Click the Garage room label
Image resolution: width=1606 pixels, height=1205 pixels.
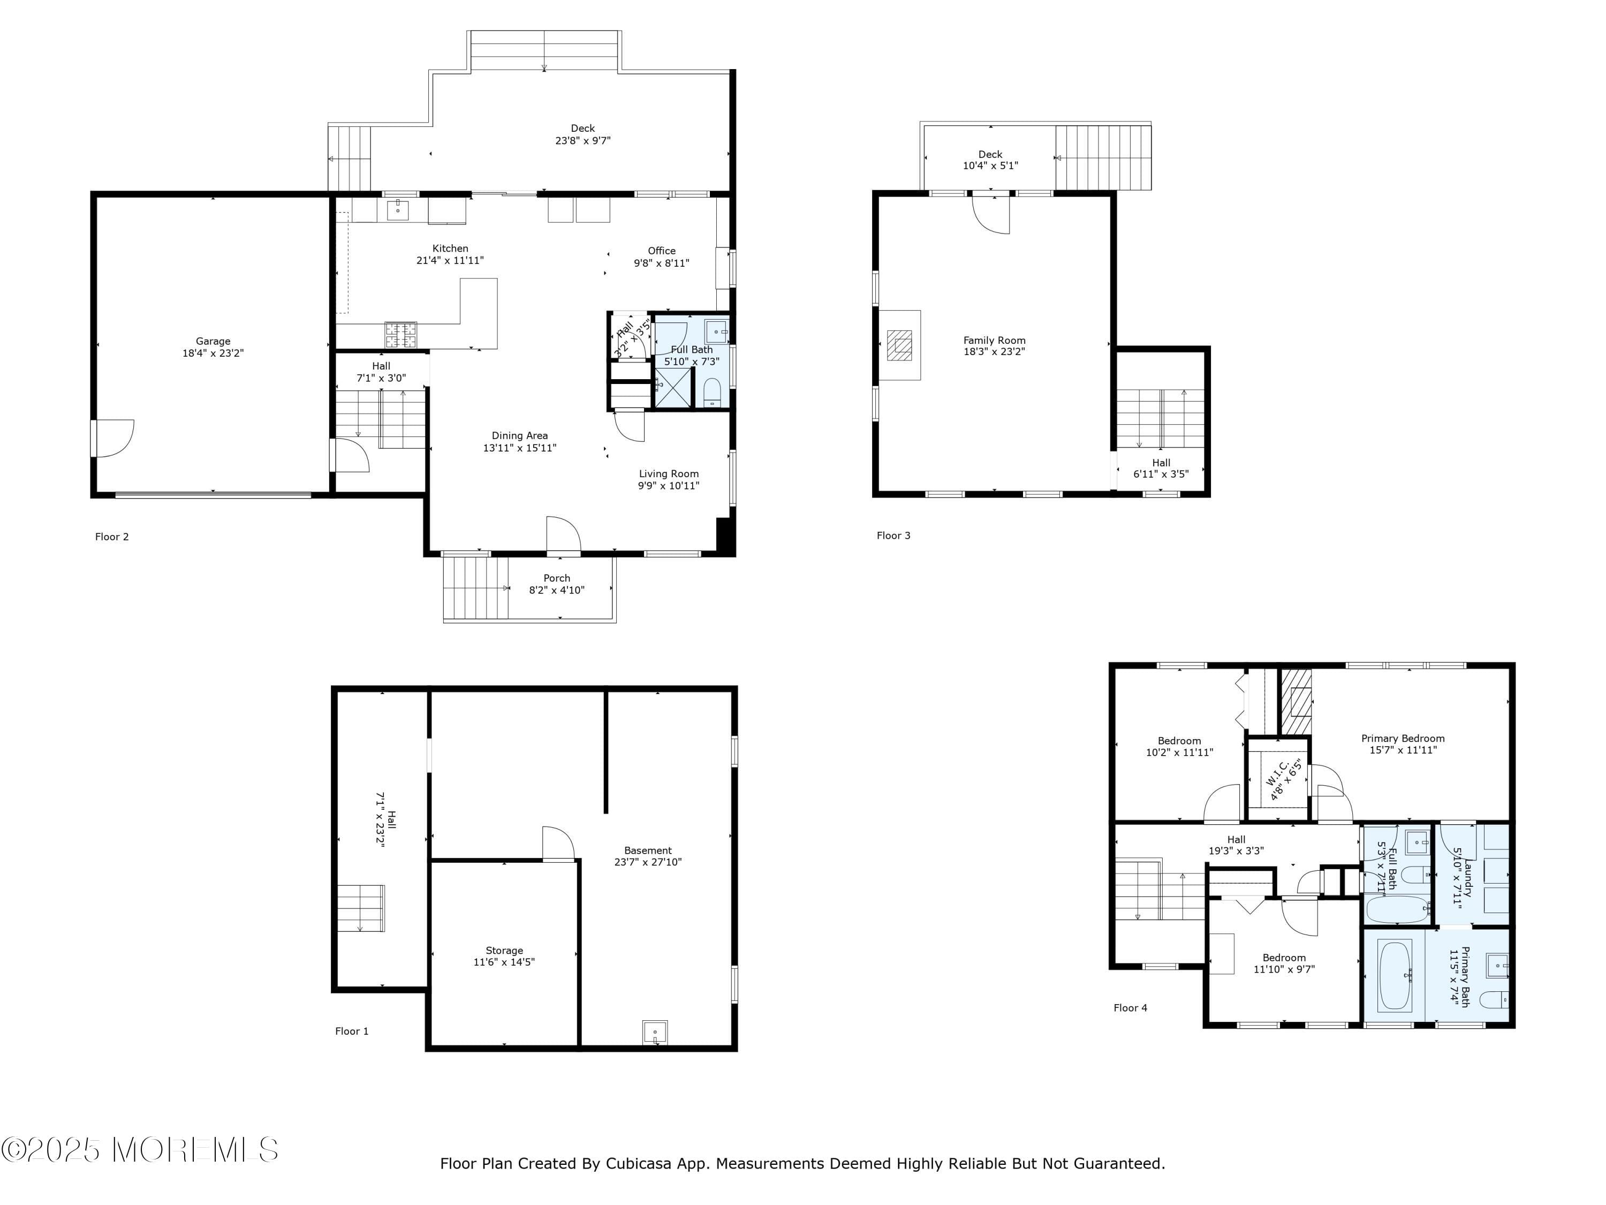tap(213, 341)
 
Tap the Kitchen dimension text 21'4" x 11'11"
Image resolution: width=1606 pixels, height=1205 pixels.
tap(450, 260)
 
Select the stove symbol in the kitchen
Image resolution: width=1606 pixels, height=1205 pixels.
tap(401, 334)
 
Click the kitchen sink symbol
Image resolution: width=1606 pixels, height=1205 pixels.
tap(397, 210)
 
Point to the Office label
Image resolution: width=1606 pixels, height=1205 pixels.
tap(662, 251)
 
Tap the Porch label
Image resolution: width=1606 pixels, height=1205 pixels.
tap(557, 578)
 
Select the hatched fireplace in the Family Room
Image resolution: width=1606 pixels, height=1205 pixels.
tap(900, 345)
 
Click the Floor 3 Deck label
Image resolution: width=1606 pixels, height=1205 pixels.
tap(990, 154)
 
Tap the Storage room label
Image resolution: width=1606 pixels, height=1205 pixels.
tap(504, 950)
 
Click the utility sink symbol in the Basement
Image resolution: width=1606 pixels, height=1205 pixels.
tap(655, 1032)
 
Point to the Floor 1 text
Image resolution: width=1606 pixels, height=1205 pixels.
tap(351, 1031)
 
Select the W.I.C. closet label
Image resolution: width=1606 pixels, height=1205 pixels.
tap(1278, 779)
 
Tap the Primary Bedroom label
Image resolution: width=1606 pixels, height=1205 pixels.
tap(1403, 738)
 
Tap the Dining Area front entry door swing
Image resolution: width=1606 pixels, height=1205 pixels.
tap(563, 534)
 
